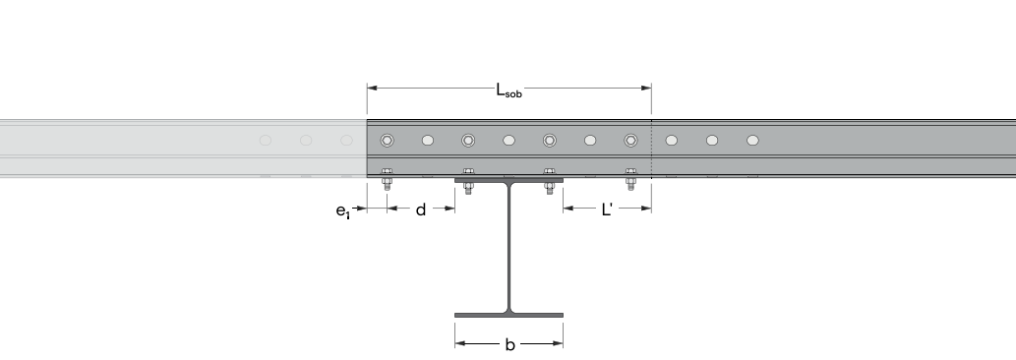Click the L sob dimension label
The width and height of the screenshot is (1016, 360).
click(x=508, y=90)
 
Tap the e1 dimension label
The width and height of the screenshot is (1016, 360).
click(x=343, y=211)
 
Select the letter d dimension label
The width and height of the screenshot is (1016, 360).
click(x=421, y=210)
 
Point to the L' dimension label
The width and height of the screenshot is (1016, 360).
click(x=607, y=210)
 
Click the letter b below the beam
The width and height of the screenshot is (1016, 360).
click(x=509, y=344)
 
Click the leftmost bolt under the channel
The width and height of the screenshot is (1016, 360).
click(x=387, y=179)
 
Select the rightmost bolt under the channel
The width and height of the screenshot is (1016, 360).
click(x=630, y=179)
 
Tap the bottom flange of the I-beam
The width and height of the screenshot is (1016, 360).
click(x=508, y=316)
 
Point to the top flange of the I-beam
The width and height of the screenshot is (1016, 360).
click(x=508, y=181)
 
